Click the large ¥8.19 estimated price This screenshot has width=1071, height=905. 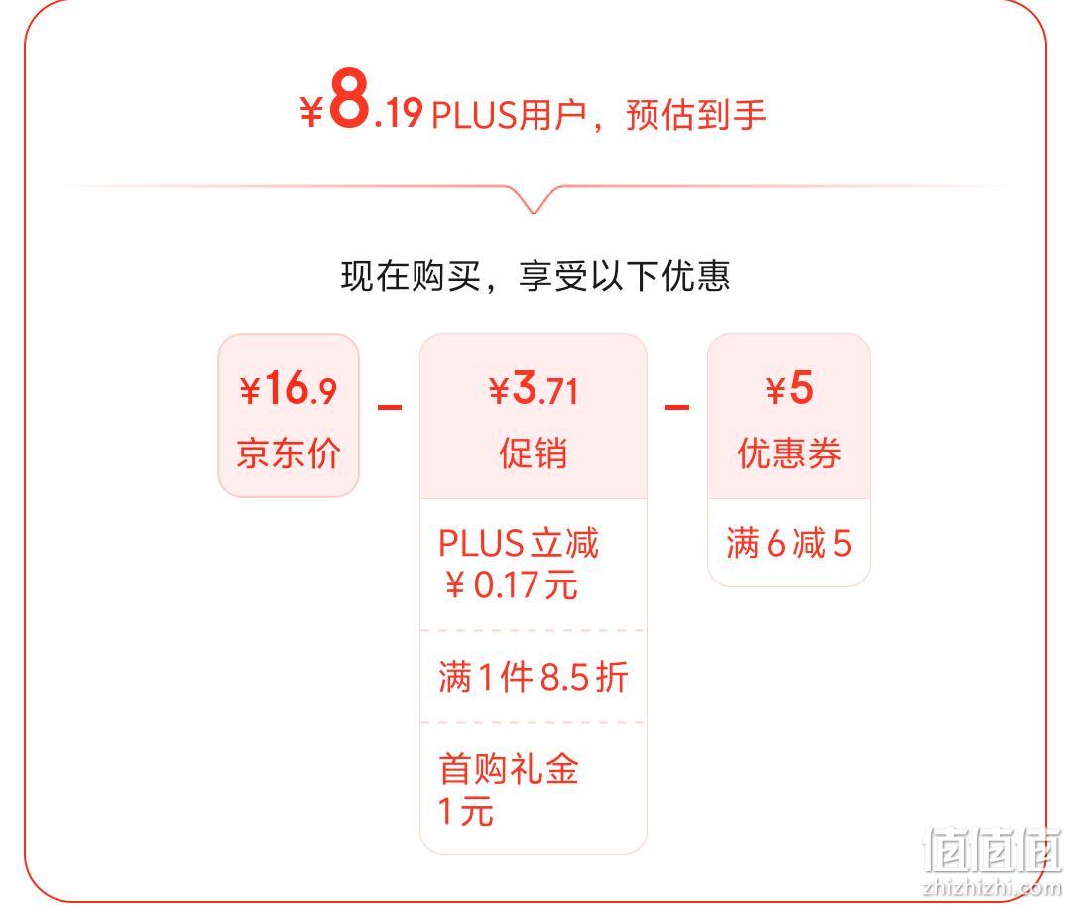(x=361, y=100)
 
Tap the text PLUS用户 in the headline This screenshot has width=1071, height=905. (x=509, y=114)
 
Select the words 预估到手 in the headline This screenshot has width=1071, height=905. (x=695, y=114)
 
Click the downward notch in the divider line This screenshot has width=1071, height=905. (x=535, y=201)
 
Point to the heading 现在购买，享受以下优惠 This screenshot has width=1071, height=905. (x=535, y=276)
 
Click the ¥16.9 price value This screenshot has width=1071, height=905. (x=289, y=388)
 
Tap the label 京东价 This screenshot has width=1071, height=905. (x=289, y=452)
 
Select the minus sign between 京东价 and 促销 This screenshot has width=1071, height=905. (x=390, y=408)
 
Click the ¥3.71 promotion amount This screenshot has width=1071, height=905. (x=534, y=389)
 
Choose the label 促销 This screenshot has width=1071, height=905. (x=533, y=452)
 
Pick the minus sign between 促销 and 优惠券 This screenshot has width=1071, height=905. (x=677, y=408)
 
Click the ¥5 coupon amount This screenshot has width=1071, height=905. (x=789, y=388)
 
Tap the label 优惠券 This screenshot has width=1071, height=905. (x=789, y=452)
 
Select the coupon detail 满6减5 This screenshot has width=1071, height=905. (x=789, y=543)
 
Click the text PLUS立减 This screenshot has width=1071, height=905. (x=519, y=543)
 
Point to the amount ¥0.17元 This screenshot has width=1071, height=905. (x=511, y=585)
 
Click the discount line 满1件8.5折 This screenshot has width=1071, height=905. (x=533, y=677)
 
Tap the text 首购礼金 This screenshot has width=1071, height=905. (x=509, y=768)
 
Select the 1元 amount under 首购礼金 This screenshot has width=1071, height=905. (x=466, y=812)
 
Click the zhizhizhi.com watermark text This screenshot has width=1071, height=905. (x=992, y=887)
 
